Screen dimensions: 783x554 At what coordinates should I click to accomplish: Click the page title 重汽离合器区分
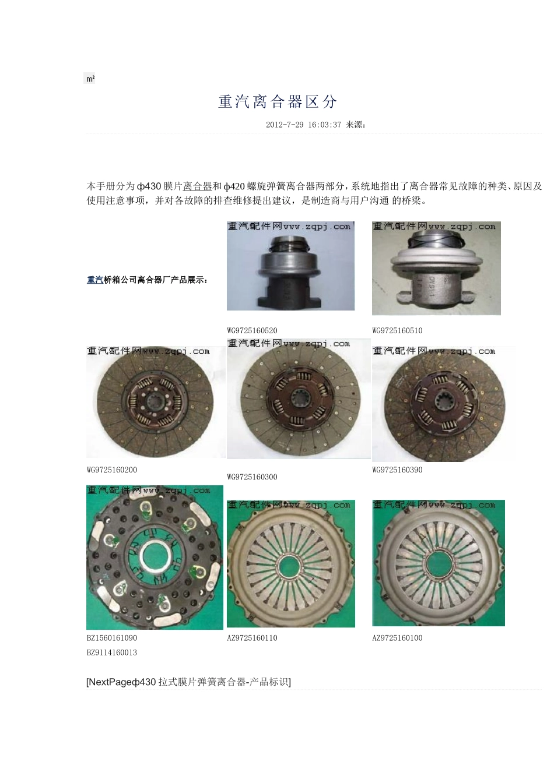point(278,102)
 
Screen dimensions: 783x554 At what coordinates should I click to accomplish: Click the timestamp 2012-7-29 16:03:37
point(303,125)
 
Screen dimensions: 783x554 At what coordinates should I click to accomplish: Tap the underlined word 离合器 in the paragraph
point(198,186)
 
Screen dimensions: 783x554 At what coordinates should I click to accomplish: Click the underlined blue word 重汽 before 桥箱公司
point(94,280)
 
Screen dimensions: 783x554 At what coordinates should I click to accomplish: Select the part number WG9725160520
point(252,331)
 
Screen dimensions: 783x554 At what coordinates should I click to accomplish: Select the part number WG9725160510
point(397,331)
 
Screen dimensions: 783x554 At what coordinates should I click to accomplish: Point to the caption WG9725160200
point(112,470)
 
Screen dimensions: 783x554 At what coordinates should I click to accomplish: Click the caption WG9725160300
point(252,477)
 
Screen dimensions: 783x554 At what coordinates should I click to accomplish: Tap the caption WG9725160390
point(397,470)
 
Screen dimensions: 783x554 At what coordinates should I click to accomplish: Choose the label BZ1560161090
point(112,638)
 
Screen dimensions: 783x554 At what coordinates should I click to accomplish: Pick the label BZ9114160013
point(112,652)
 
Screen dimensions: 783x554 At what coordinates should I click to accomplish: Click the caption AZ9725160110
point(252,638)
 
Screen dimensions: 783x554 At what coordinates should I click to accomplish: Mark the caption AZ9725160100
point(397,638)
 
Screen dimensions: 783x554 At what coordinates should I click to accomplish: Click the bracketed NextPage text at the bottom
point(188,682)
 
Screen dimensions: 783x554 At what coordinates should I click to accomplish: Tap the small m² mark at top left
point(90,79)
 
